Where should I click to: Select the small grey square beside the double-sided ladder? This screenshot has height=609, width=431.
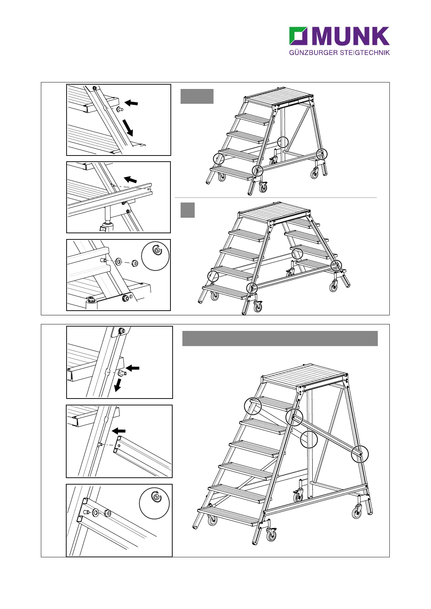tap(187, 210)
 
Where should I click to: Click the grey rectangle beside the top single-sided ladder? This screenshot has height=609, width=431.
tap(197, 96)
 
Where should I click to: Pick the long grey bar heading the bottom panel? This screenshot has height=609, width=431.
tap(280, 338)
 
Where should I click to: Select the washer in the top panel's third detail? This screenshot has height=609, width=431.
tap(118, 261)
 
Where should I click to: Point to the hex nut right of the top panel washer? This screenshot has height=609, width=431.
tap(133, 262)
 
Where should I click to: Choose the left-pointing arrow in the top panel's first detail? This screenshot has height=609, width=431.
tap(132, 103)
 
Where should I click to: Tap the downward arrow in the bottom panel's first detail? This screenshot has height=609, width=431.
tap(117, 386)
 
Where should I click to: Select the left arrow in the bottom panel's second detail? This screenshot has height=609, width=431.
tap(119, 431)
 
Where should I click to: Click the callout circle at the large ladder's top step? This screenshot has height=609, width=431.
tap(253, 405)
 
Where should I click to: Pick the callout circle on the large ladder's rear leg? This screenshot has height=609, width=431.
tap(360, 454)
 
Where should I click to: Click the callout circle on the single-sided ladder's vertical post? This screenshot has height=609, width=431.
tap(283, 142)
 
